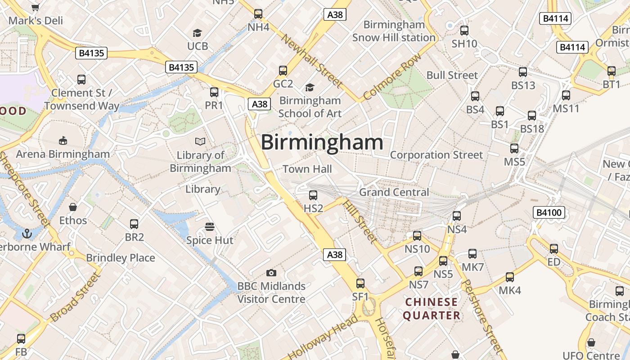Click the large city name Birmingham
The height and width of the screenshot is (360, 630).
322,143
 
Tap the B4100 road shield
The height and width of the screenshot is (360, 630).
549,212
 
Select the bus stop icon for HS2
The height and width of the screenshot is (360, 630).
313,195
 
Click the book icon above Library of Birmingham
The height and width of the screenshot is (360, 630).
200,142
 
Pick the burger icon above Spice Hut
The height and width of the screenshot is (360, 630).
210,226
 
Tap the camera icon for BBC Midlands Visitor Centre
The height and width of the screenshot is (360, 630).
271,273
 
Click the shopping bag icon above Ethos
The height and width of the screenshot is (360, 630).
73,207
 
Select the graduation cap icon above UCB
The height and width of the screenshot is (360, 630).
198,33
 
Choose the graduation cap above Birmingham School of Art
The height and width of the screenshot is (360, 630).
310,87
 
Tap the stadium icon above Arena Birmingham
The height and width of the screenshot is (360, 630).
63,141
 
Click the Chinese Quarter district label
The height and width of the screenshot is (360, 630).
431,309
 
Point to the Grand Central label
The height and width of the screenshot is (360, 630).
394,192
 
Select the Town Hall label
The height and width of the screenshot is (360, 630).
307,169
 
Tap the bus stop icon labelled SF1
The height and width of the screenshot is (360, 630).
360,283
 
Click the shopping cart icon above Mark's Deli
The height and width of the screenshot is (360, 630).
36,7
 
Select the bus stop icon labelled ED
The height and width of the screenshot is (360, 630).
554,249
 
